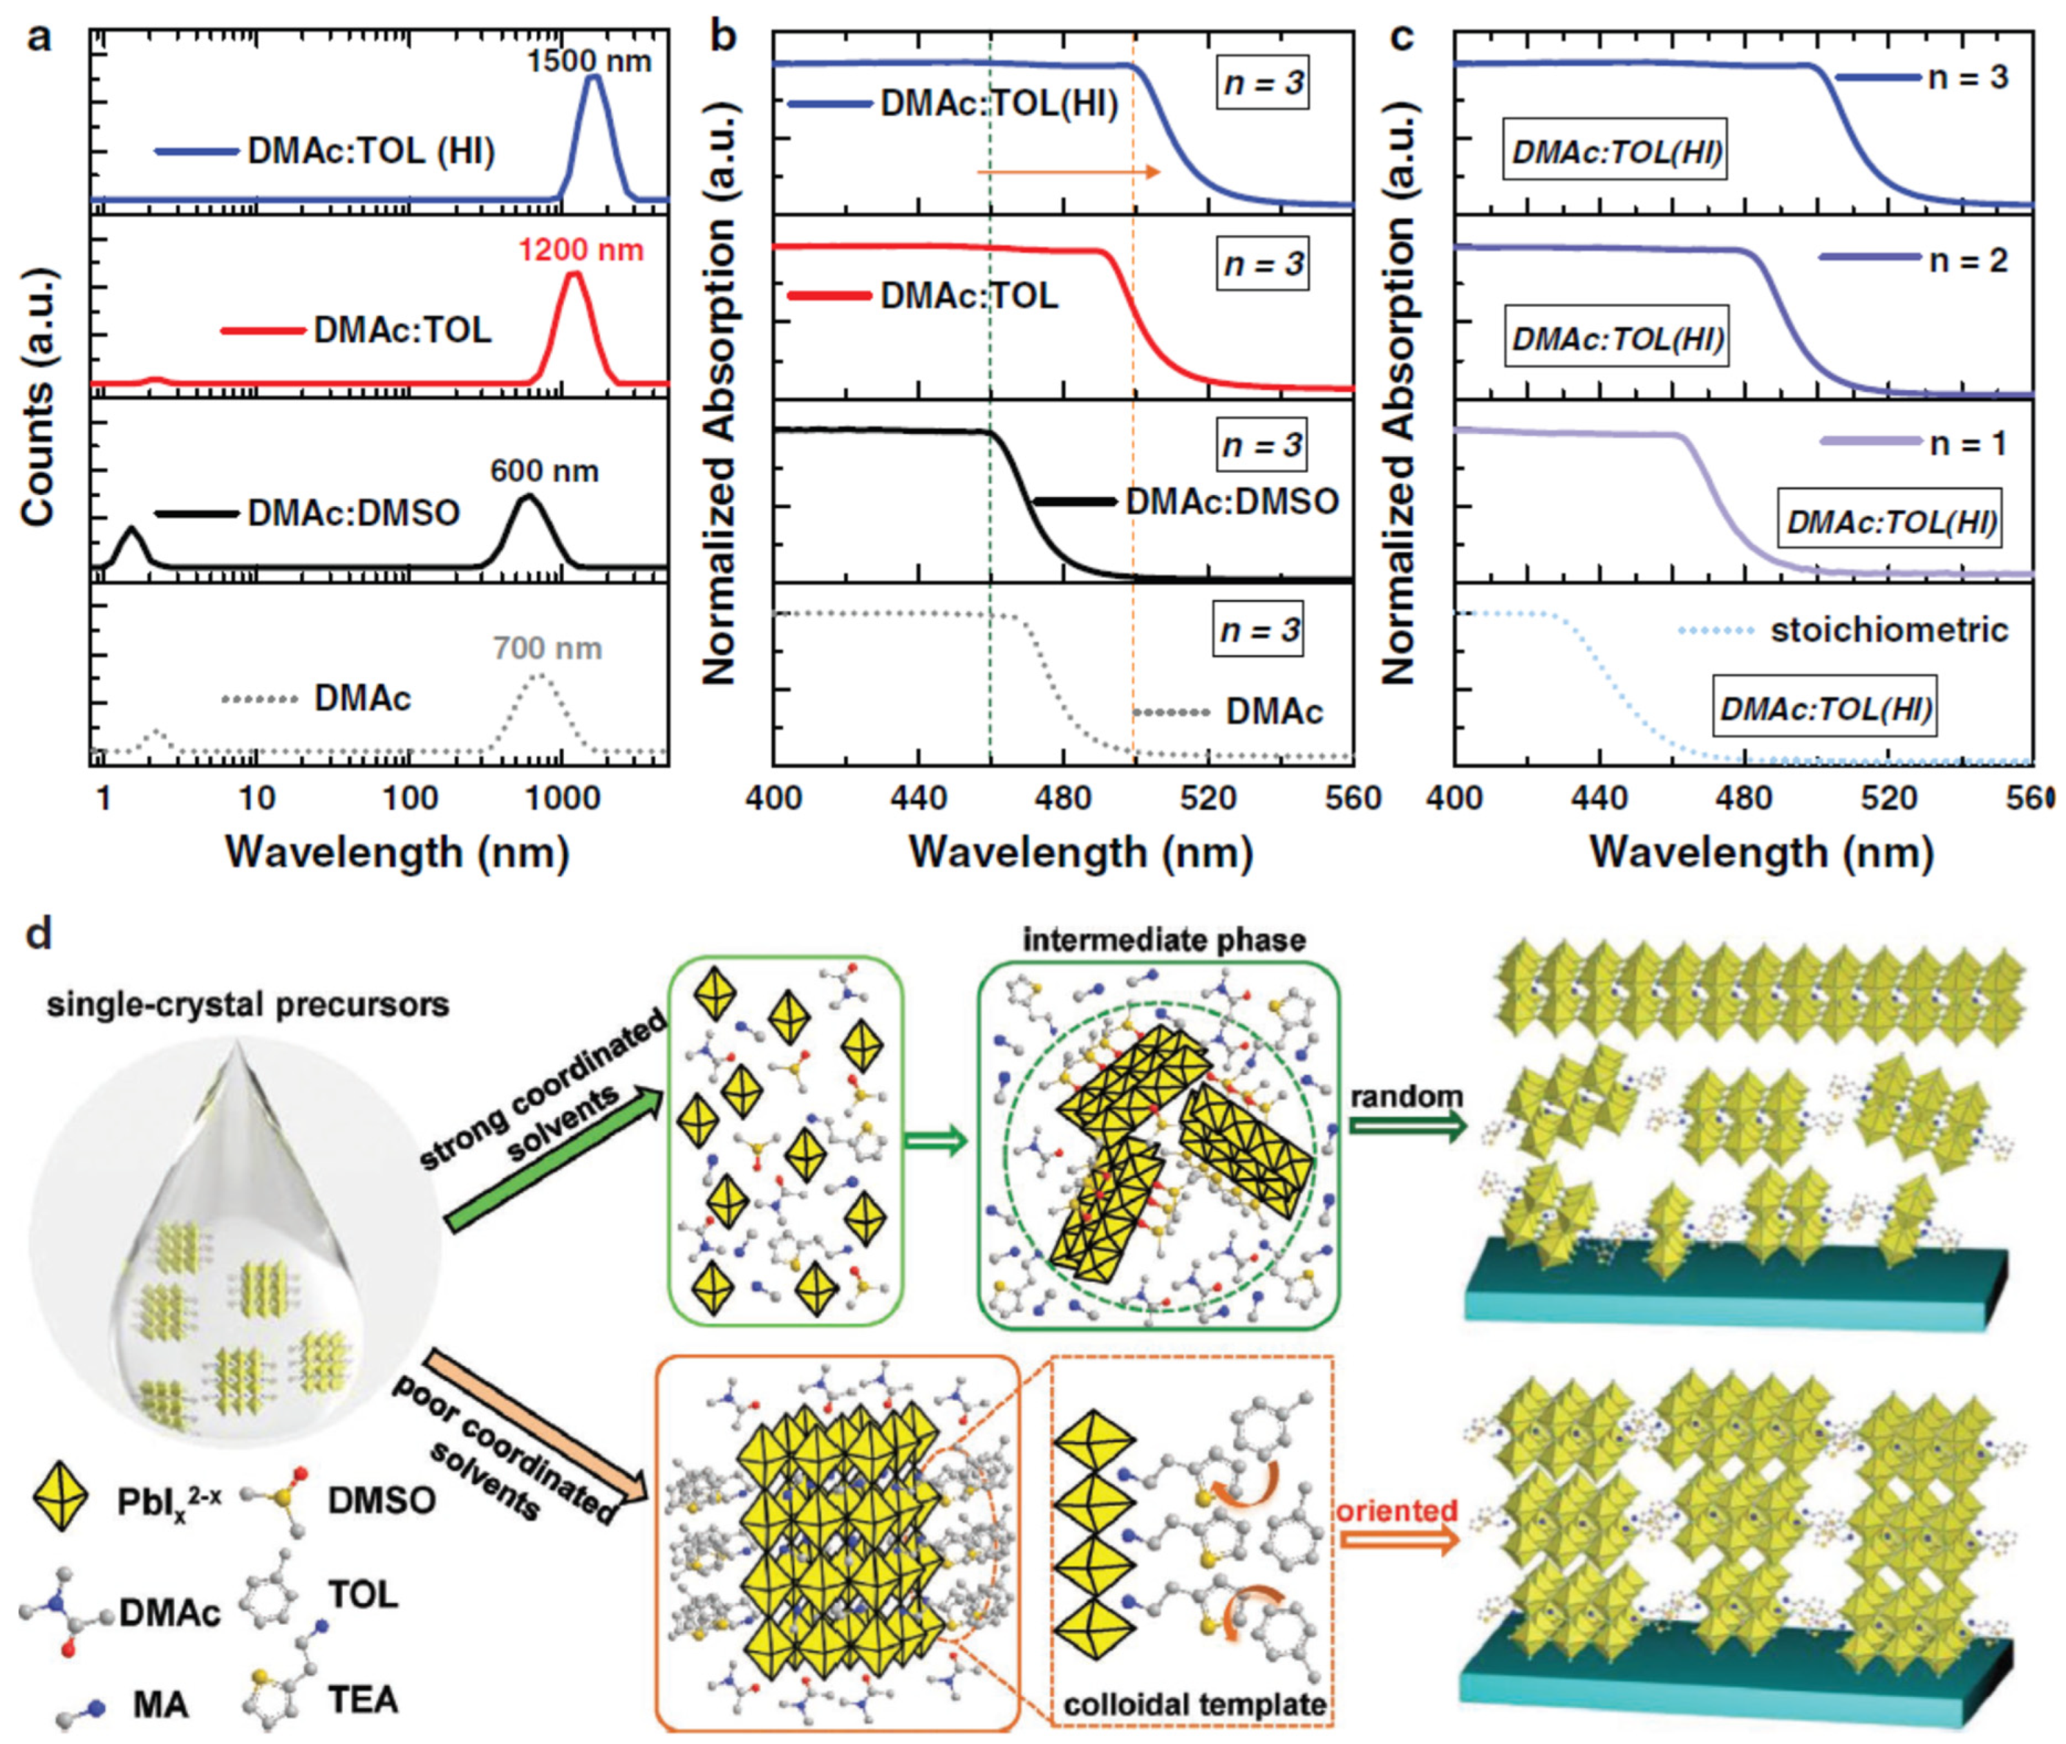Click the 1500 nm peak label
588,62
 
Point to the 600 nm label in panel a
544,471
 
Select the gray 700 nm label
547,648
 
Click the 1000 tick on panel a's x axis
561,797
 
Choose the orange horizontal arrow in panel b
1068,172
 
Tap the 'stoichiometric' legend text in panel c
1889,630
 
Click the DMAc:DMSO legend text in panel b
1232,501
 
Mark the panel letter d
37,932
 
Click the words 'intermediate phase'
1163,939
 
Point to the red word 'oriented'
1397,1510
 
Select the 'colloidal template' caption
1194,1705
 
